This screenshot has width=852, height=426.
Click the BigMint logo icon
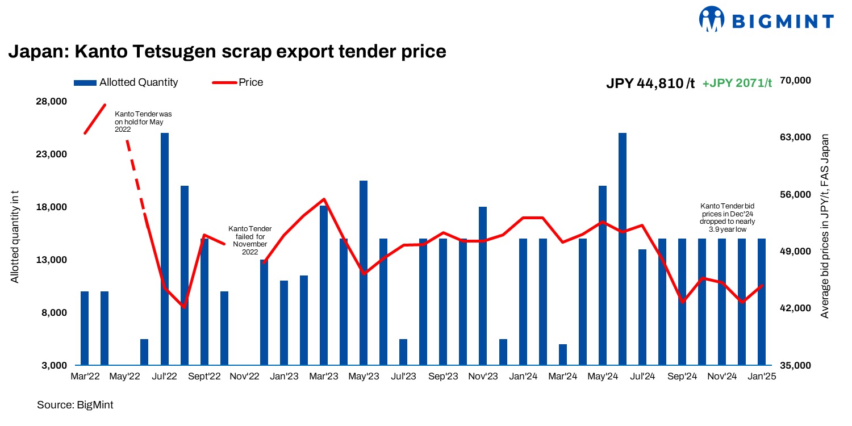[x=712, y=21]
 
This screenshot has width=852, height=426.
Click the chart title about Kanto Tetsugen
[x=227, y=52]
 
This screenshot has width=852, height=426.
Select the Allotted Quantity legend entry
[x=126, y=82]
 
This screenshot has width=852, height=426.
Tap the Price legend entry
[x=238, y=82]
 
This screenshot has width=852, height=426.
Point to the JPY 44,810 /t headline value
[x=650, y=83]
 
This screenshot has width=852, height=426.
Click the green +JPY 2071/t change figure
[x=737, y=83]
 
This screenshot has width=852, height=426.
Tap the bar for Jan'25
[x=762, y=302]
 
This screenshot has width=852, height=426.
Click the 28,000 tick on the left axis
[x=51, y=102]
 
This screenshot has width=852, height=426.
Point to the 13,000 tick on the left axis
[x=51, y=260]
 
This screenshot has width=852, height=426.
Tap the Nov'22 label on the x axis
[x=244, y=377]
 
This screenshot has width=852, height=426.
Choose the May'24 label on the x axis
[x=603, y=377]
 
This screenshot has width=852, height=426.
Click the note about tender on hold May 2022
[x=143, y=122]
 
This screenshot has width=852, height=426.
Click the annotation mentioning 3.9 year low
[x=727, y=218]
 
